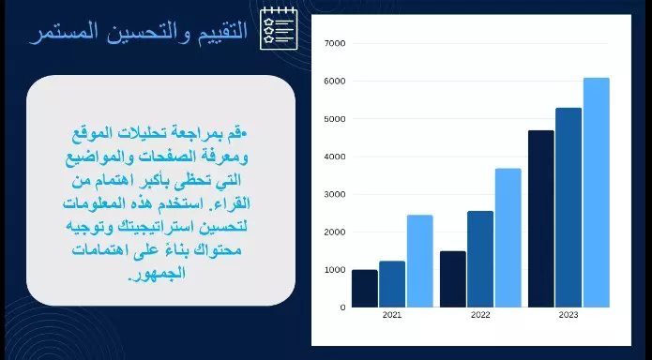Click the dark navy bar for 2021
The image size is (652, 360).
(364, 289)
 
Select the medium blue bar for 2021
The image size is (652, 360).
(392, 284)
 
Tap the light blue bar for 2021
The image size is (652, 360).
(419, 261)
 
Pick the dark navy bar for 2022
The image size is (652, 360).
(452, 279)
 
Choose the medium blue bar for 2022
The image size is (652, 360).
(480, 259)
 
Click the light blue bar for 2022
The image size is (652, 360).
(508, 237)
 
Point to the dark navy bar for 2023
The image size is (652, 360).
(541, 218)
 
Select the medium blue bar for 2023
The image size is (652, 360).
(569, 207)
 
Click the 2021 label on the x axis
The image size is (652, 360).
(392, 316)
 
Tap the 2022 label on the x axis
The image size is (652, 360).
(480, 316)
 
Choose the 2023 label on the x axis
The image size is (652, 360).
(569, 316)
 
